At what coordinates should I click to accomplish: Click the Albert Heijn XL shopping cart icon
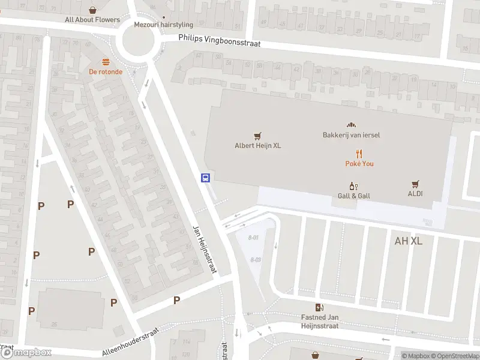coord(257,136)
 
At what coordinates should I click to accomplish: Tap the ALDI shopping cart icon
coord(415,184)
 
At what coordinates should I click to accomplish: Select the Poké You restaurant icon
coord(359,154)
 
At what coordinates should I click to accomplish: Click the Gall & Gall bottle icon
coord(353,186)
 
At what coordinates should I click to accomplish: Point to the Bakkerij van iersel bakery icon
coord(351,125)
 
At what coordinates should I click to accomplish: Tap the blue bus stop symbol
coord(205,178)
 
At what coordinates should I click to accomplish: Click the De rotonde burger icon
coord(106,62)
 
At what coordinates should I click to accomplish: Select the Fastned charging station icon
coord(319,308)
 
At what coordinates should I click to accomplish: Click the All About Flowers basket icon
coord(92,10)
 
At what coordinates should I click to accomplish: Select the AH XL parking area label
coord(409,241)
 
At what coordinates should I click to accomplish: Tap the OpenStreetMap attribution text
coord(454,356)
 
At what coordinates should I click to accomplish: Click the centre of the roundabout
coord(139,41)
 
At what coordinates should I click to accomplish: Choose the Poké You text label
coord(359,164)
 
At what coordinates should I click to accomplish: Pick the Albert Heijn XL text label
coord(257,145)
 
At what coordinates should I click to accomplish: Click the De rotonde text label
coord(106,72)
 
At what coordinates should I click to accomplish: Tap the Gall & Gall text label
coord(353,196)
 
